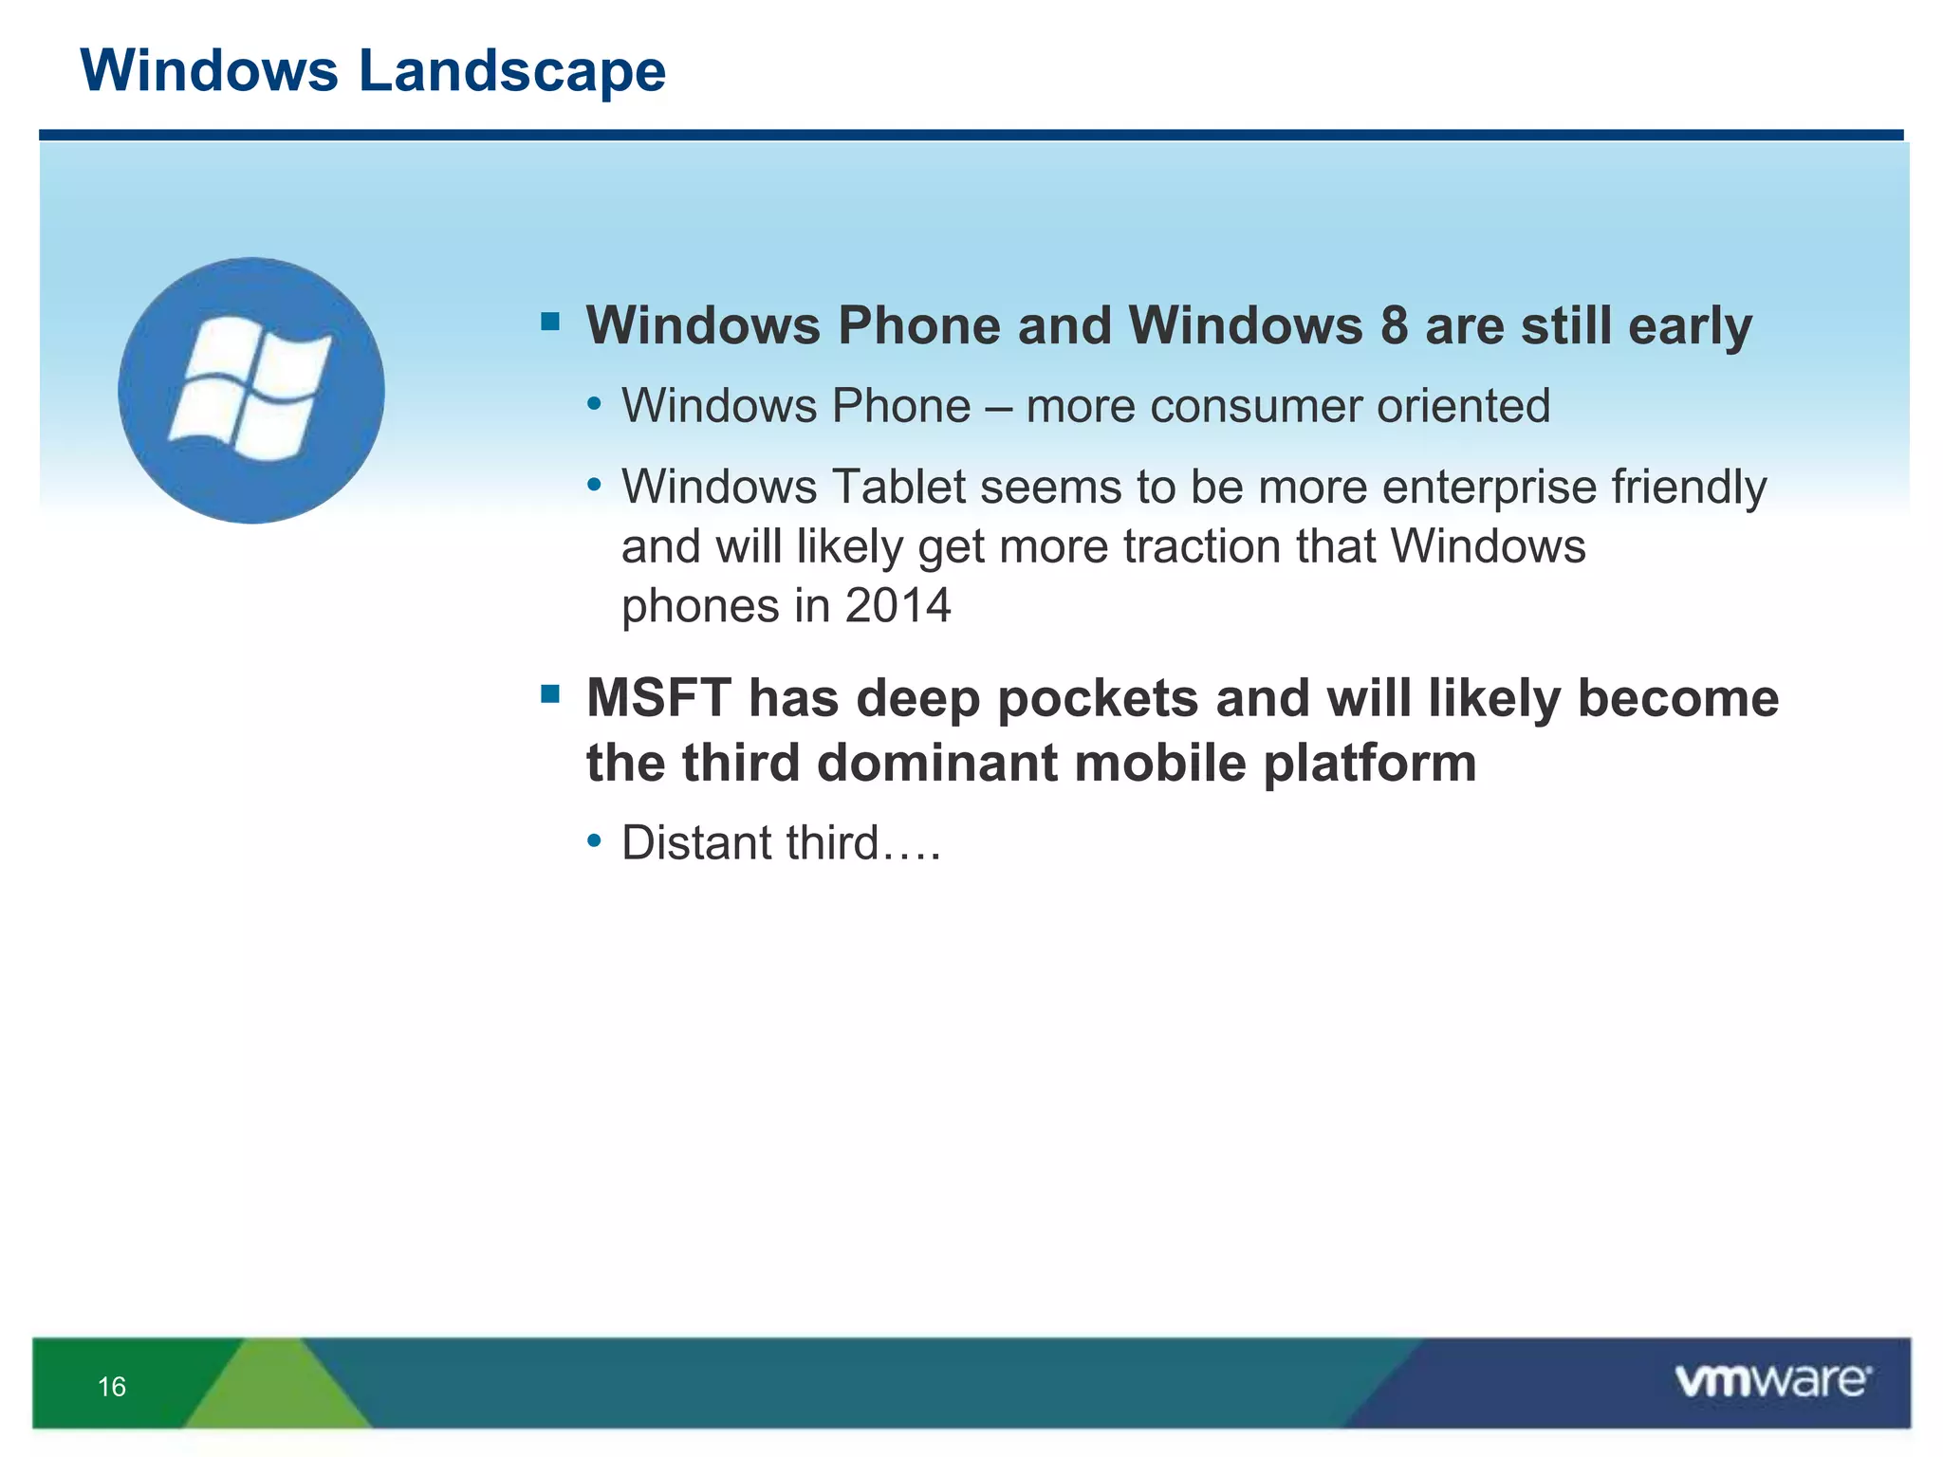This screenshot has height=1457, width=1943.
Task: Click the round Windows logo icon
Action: click(x=251, y=390)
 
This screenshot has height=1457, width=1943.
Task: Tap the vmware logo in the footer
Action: click(x=1772, y=1381)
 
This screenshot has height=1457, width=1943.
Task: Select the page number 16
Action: click(x=112, y=1387)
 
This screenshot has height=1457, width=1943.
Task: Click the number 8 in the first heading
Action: click(x=1394, y=326)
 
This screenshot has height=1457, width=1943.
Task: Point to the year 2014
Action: click(x=897, y=606)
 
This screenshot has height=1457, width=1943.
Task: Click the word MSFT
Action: click(x=658, y=699)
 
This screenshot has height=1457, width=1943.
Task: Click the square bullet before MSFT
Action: click(x=550, y=694)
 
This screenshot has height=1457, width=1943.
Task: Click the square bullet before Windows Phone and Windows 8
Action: click(x=550, y=322)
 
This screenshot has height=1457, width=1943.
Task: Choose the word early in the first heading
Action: click(x=1690, y=326)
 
